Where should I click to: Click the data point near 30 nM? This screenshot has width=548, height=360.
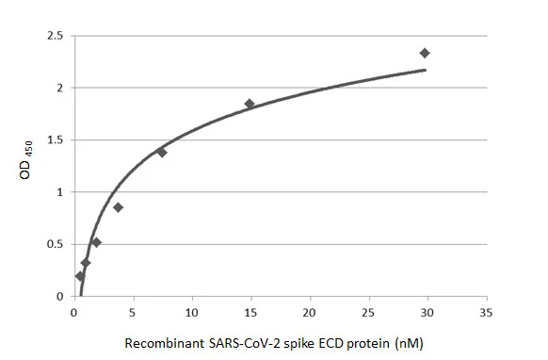425,53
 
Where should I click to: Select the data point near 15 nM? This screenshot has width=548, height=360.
250,104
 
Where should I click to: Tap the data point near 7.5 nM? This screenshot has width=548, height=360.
161,152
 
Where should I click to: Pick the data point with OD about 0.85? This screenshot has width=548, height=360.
118,207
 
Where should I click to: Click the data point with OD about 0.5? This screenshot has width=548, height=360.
96,242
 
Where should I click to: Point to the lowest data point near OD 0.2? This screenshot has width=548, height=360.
80,276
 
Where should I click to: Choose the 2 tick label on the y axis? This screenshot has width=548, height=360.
58,88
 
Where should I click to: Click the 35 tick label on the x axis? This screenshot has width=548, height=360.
486,313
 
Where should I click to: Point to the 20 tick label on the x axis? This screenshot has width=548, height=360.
310,313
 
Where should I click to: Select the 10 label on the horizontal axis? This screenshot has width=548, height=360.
192,313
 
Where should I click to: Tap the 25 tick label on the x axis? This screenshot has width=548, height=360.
368,313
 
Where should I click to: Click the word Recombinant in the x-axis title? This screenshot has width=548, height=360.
158,343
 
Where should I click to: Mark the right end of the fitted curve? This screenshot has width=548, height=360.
426,70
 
